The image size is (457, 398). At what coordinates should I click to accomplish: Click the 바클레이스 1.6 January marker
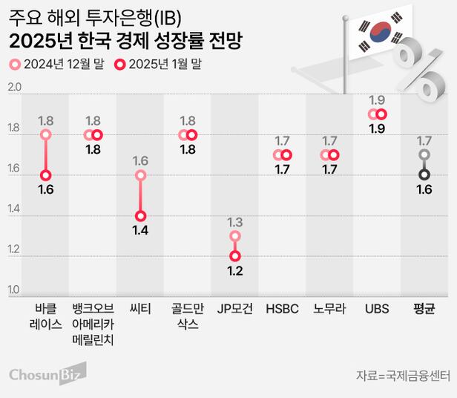46,175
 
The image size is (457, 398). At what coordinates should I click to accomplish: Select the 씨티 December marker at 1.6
141,175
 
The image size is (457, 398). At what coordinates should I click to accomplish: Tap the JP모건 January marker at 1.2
235,255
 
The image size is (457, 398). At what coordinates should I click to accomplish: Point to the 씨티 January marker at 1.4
141,215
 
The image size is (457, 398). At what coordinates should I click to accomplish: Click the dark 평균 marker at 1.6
424,174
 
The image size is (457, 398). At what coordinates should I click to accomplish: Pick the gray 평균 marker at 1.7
424,155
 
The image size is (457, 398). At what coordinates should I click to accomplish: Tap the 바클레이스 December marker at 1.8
46,135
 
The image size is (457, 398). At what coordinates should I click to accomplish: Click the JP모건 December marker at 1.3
235,236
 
